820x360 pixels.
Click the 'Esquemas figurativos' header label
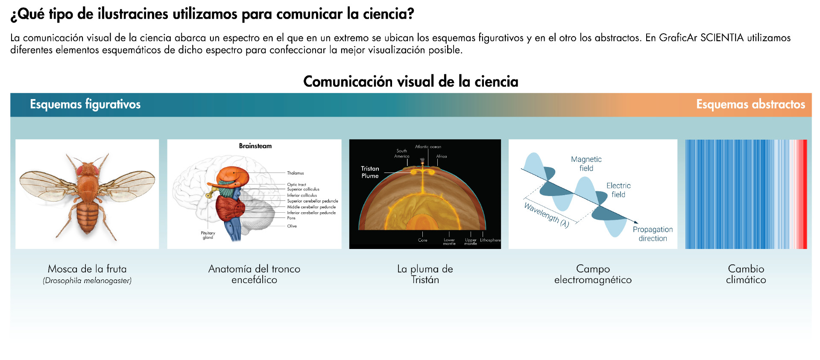tap(85, 104)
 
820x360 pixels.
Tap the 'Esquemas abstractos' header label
tap(750, 104)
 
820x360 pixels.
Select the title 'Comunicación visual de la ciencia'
tap(410, 81)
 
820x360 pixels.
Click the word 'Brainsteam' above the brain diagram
tap(255, 146)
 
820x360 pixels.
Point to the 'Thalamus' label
tap(296, 173)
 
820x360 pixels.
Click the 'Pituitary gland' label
tap(208, 235)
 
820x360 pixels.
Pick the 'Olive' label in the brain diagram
tap(292, 226)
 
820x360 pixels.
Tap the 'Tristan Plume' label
tap(370, 172)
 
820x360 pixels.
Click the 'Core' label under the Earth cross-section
tap(422, 240)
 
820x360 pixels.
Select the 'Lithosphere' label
tap(490, 240)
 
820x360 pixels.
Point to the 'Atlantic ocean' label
tap(428, 147)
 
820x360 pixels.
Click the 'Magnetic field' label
tap(586, 164)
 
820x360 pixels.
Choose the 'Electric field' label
tap(618, 190)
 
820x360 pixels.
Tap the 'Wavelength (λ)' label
tap(546, 215)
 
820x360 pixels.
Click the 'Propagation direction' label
tap(653, 234)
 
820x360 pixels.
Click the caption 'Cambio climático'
tap(746, 274)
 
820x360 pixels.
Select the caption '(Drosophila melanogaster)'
tap(87, 281)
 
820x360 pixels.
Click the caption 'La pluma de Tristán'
tap(425, 274)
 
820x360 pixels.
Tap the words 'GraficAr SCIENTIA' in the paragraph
tap(701, 38)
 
